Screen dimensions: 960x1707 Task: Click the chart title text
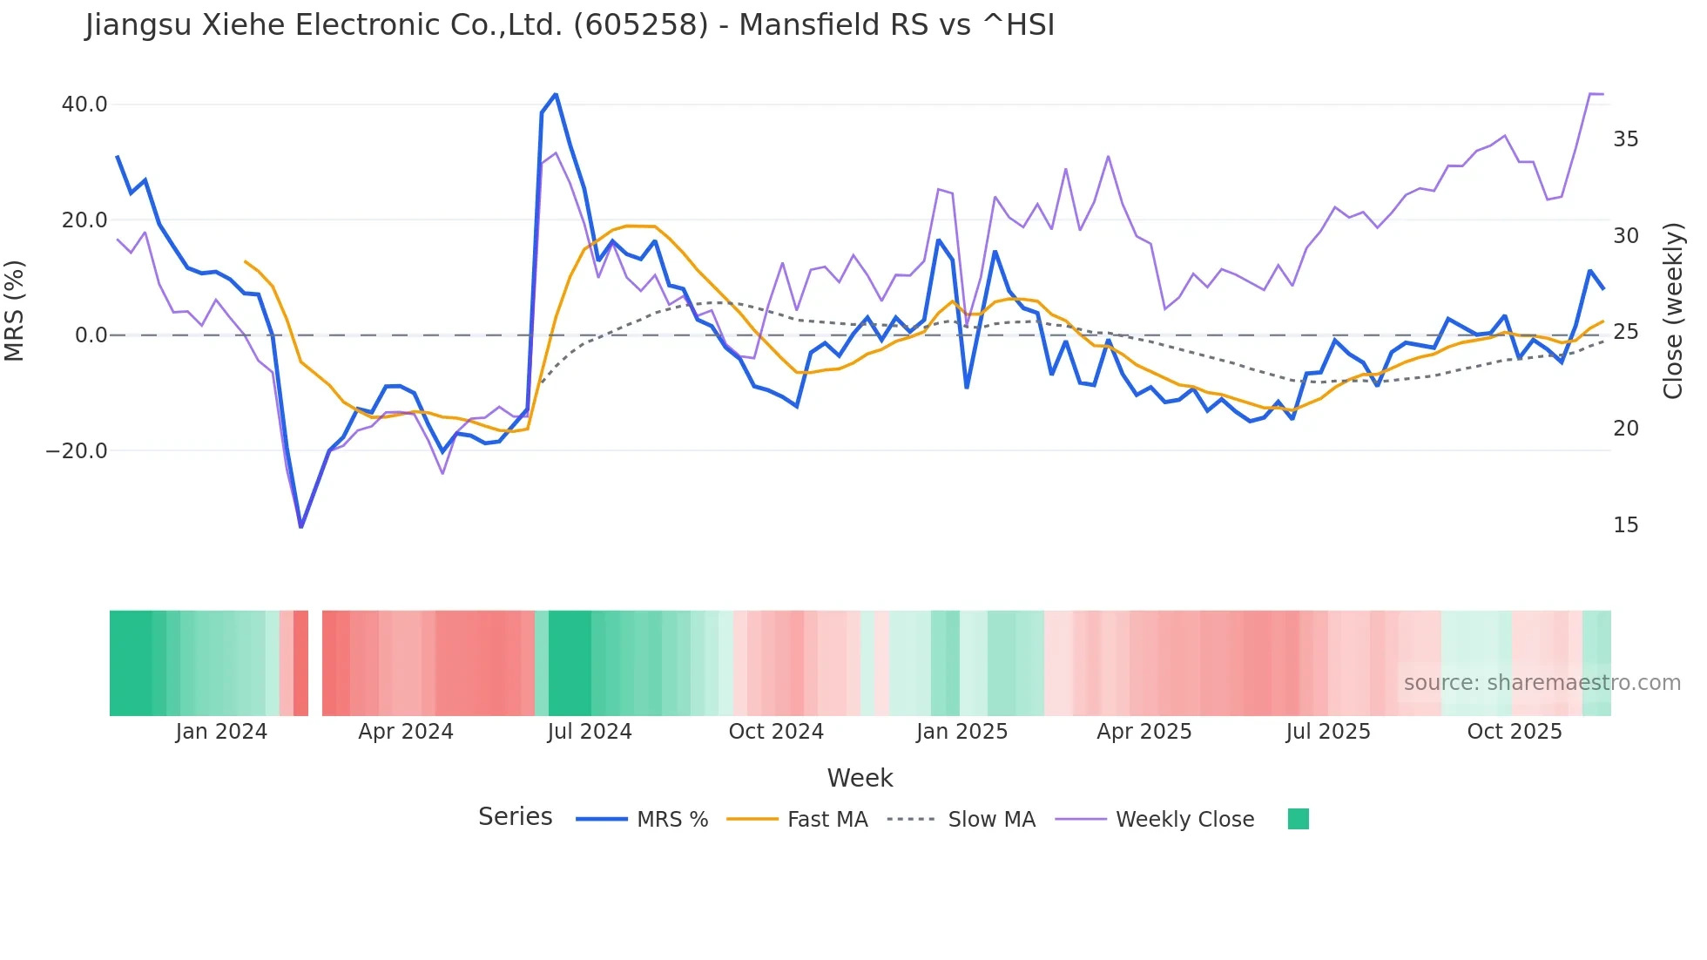coord(570,25)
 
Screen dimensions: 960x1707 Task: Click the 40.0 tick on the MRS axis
coord(84,105)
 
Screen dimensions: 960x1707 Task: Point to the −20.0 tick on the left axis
coord(77,451)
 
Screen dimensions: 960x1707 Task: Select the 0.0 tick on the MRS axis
coord(91,335)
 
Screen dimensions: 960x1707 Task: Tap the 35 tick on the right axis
coord(1625,139)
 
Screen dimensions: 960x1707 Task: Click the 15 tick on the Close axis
coord(1625,525)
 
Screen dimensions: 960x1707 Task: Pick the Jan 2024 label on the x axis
coord(221,732)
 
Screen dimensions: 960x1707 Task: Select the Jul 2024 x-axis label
coord(590,732)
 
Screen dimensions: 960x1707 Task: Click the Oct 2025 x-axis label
coord(1515,732)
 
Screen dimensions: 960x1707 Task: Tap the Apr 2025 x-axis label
coord(1144,732)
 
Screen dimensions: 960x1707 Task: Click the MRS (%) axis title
coord(15,311)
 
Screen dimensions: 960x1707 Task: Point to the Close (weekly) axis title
coord(1672,311)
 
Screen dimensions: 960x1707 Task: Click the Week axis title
coord(860,778)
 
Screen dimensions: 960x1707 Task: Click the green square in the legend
coord(1298,819)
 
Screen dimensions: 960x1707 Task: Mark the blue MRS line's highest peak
coord(556,94)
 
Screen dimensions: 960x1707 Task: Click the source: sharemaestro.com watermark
coord(1542,683)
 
